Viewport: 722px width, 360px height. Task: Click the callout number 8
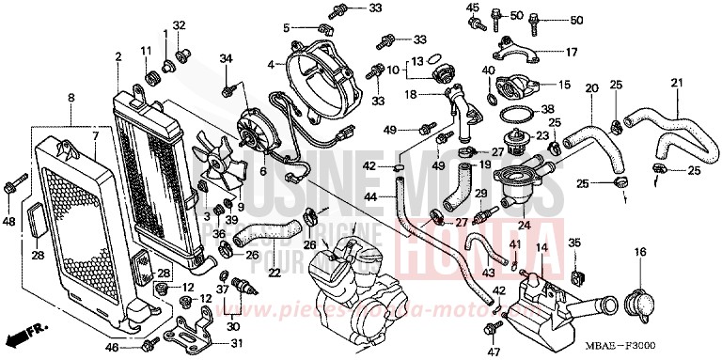pos(71,98)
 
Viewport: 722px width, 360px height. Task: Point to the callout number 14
pos(541,247)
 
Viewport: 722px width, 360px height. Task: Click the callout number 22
pos(274,273)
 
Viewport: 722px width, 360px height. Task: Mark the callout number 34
pos(226,60)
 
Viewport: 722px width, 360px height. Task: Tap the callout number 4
pos(270,65)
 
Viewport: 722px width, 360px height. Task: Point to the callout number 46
pos(111,348)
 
